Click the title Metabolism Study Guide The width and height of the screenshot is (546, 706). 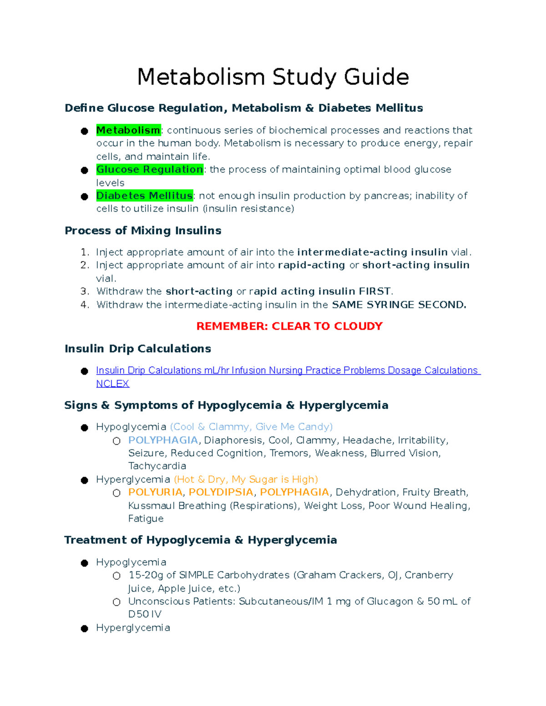pyautogui.click(x=273, y=76)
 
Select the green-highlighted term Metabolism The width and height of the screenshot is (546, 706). pyautogui.click(x=128, y=130)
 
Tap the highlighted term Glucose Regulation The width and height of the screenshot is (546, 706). pyautogui.click(x=150, y=170)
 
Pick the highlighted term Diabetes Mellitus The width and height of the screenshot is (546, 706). pyautogui.click(x=145, y=196)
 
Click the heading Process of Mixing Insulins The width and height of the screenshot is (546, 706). pyautogui.click(x=143, y=230)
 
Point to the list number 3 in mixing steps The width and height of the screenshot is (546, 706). pyautogui.click(x=84, y=291)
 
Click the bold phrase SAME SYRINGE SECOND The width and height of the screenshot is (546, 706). pyautogui.click(x=399, y=305)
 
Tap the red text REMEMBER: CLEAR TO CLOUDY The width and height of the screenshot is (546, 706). pyautogui.click(x=289, y=326)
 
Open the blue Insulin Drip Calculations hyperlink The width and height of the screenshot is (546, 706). pyautogui.click(x=287, y=371)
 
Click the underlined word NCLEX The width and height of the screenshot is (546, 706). pyautogui.click(x=113, y=384)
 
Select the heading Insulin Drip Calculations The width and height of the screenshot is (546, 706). pyautogui.click(x=138, y=349)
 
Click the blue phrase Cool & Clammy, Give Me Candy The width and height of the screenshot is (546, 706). pyautogui.click(x=251, y=427)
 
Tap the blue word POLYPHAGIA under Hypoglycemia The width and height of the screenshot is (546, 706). pyautogui.click(x=163, y=440)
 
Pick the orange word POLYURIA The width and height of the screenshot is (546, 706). pyautogui.click(x=155, y=492)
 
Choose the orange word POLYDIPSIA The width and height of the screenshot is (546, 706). pyautogui.click(x=221, y=492)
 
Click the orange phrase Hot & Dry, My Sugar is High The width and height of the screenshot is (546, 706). pyautogui.click(x=246, y=479)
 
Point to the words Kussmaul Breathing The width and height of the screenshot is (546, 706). pyautogui.click(x=177, y=506)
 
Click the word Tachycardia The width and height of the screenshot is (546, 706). pyautogui.click(x=157, y=466)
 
